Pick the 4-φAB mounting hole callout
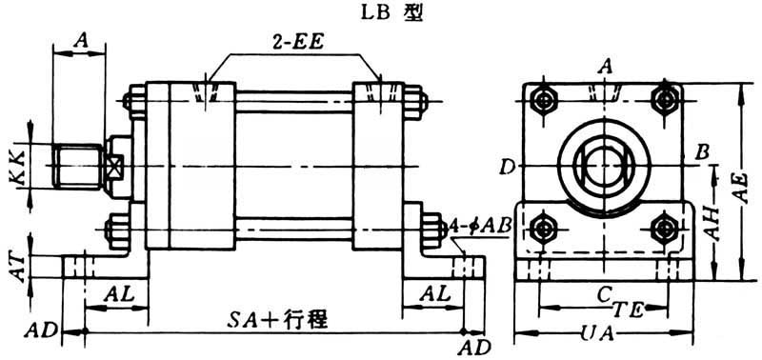tap(482, 226)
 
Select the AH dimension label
tap(712, 224)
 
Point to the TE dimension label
tap(631, 309)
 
